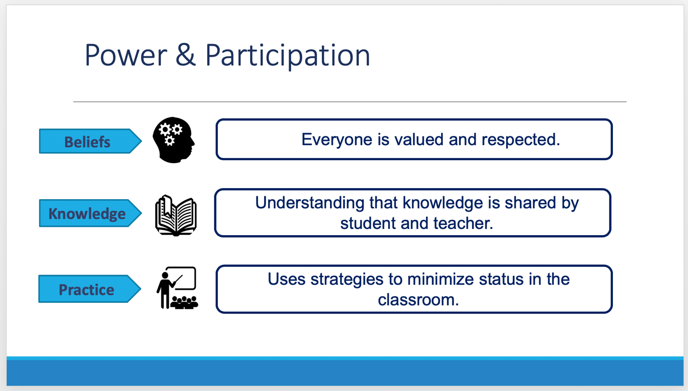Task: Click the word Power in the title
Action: coord(126,55)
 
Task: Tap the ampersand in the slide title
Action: coord(185,55)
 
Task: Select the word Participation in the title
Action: coord(288,56)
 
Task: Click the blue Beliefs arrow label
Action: coord(90,141)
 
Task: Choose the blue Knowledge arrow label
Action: coord(90,213)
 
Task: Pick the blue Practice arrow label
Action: coord(90,289)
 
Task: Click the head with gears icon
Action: coord(173,140)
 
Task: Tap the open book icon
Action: coord(176,215)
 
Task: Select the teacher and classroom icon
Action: coord(177,288)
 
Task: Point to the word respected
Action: coord(521,140)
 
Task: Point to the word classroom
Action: coord(418,300)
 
